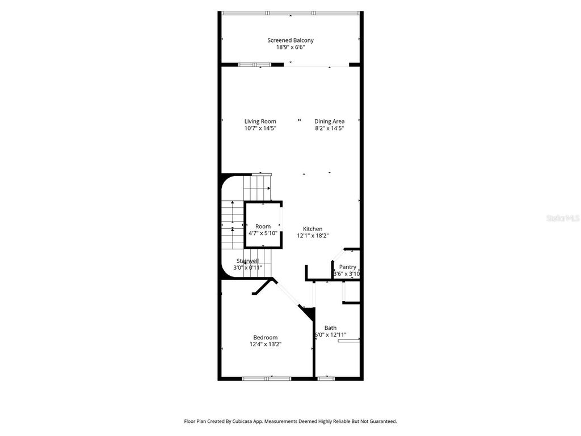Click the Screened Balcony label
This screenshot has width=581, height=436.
pos(290,40)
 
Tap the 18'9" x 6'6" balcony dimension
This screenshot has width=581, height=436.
pos(290,47)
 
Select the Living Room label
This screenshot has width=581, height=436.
pos(260,121)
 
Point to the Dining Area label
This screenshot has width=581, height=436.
pos(330,121)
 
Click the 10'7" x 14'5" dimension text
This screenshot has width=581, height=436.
pos(260,128)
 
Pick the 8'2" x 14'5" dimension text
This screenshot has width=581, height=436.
pos(330,128)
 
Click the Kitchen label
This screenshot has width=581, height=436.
pos(313,229)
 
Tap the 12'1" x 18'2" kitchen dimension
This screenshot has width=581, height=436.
pos(313,236)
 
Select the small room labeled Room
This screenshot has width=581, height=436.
pos(263,227)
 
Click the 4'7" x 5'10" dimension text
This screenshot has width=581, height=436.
pos(263,233)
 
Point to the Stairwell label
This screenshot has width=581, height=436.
pos(247,261)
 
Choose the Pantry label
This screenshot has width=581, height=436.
pos(347,267)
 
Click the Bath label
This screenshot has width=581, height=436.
pos(330,328)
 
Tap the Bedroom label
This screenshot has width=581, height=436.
pos(266,337)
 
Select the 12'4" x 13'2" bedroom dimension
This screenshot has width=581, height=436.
pos(266,344)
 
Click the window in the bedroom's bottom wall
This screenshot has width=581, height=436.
pos(267,378)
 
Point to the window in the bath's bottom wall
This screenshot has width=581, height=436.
pos(326,378)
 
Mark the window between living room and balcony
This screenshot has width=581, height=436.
pos(255,65)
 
